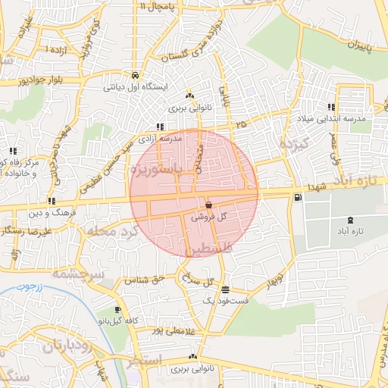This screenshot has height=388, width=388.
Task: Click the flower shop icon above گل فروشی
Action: pos(208,205)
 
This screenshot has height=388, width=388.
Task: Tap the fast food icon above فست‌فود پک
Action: pos(225,289)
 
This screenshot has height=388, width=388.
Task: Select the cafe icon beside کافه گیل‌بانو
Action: pos(118,310)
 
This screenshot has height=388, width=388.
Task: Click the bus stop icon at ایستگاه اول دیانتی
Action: pos(134,76)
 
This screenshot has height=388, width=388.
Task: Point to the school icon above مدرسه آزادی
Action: pos(159,127)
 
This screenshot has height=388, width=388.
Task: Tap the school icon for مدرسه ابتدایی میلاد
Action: pos(331,107)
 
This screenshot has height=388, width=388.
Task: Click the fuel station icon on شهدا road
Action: pos(296,198)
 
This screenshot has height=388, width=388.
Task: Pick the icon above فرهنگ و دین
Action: pos(51,201)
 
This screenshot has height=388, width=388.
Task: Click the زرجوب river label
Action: pos(31,289)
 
